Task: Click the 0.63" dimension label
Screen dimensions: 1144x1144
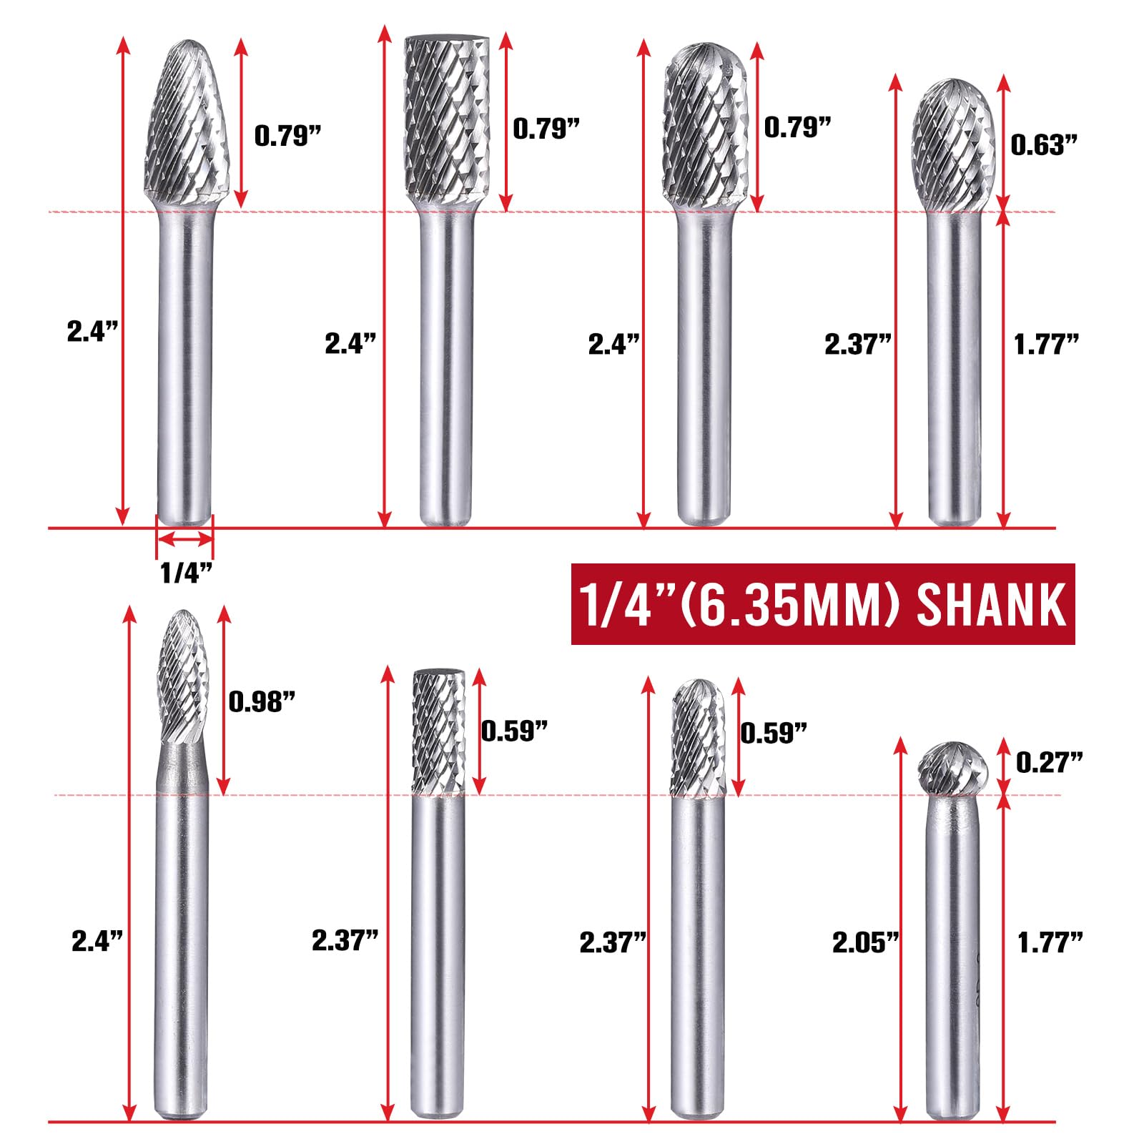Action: click(x=1043, y=145)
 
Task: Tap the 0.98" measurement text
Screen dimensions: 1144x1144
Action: click(x=262, y=702)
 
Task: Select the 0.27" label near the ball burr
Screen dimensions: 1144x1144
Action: click(x=1049, y=763)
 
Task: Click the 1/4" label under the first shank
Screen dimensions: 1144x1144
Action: click(x=186, y=572)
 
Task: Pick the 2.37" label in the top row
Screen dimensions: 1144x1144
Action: click(x=858, y=345)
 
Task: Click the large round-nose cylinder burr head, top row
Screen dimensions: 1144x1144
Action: click(x=705, y=122)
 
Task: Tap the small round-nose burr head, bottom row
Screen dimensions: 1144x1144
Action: click(x=698, y=736)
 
